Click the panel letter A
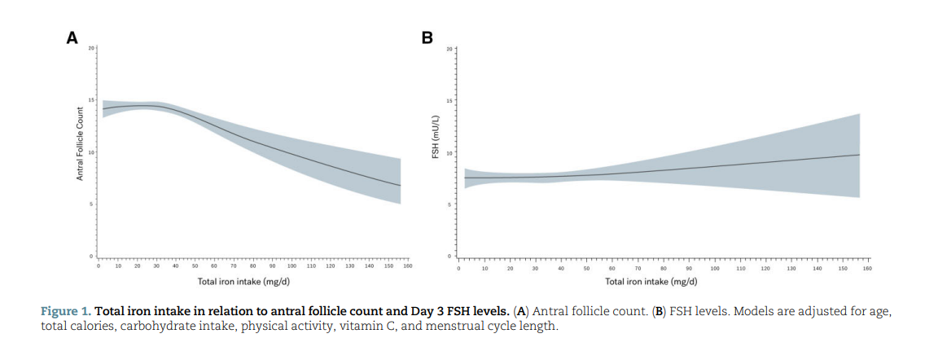pos(72,37)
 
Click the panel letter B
pos(427,37)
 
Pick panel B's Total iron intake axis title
pos(651,281)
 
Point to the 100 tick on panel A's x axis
pos(291,266)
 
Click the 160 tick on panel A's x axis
pos(408,266)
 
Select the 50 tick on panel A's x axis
pos(195,266)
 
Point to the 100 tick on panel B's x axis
pos(715,267)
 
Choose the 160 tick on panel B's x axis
pos(868,267)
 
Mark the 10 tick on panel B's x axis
pos(484,267)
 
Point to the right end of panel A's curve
pos(401,186)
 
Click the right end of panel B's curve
pos(860,155)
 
